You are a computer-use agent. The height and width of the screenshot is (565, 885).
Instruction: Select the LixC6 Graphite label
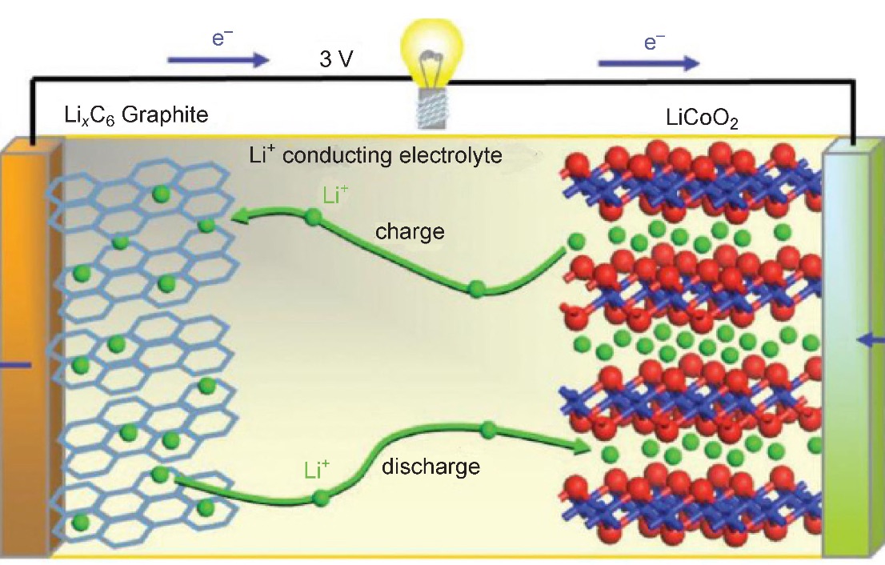tap(136, 116)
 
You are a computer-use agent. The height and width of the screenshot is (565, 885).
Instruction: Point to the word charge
tap(410, 232)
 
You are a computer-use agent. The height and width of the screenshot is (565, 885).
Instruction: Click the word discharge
tap(430, 466)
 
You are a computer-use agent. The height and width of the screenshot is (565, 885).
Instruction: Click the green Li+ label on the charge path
tap(335, 195)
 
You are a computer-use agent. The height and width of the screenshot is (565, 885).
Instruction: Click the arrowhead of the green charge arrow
tap(235, 216)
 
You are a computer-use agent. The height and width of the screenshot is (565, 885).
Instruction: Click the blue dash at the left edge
tap(15, 365)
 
